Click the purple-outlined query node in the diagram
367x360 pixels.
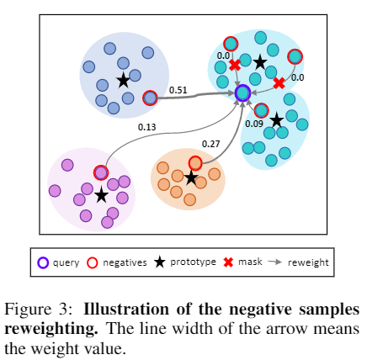242,93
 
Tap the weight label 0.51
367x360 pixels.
178,90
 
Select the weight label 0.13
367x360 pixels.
147,127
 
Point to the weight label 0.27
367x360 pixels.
211,144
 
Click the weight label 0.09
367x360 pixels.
254,124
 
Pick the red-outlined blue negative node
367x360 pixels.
150,98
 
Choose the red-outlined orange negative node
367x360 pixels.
195,163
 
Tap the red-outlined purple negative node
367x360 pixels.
101,172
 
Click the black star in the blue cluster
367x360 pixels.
123,80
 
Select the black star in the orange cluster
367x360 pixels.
191,177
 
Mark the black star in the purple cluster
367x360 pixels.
102,195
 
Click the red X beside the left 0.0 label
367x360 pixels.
235,65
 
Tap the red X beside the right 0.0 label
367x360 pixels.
279,83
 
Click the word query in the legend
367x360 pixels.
66,262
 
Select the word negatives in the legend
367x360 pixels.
125,262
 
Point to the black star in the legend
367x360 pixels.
159,262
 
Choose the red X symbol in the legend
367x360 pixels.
228,262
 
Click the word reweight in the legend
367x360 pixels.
308,262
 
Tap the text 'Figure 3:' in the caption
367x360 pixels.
40,310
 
